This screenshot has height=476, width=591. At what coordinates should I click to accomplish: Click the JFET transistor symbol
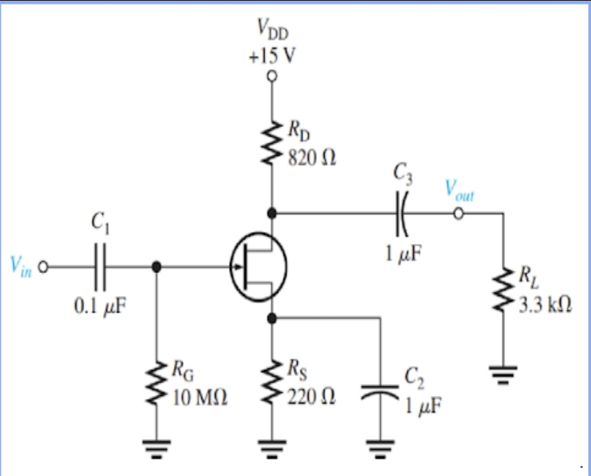[x=258, y=267]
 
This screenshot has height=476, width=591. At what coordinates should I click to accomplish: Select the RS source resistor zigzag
[x=272, y=383]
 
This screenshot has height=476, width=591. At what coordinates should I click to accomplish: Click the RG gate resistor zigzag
[x=156, y=383]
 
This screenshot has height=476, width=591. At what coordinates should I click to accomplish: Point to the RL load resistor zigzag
[x=503, y=289]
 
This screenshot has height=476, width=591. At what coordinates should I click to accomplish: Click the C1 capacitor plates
[x=100, y=267]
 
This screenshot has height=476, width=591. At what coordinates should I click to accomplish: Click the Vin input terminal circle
[x=43, y=267]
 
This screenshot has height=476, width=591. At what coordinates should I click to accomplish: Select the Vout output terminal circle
[x=459, y=214]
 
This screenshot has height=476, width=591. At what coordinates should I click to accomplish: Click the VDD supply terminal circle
[x=272, y=76]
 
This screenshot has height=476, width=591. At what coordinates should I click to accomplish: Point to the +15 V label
[x=272, y=56]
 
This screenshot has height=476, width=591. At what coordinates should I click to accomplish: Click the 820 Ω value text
[x=312, y=157]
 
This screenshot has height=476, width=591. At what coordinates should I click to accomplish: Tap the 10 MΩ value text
[x=200, y=398]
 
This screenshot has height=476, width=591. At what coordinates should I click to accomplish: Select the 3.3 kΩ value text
[x=545, y=305]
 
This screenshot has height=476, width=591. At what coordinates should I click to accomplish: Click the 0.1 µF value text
[x=99, y=305]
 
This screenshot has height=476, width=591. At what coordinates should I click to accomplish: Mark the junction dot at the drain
[x=272, y=213]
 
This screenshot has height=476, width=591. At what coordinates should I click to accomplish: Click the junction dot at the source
[x=272, y=318]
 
